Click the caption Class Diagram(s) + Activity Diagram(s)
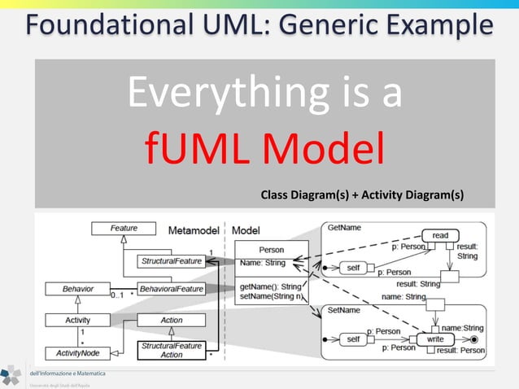362,194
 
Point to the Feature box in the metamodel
124,229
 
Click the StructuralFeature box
171,261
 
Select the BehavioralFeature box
171,289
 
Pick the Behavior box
78,289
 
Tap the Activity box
78,320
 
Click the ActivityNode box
78,352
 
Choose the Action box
172,320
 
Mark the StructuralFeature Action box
172,350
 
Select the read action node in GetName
440,235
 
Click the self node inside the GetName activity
352,267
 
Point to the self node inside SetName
352,338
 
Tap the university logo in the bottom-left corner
11,375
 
